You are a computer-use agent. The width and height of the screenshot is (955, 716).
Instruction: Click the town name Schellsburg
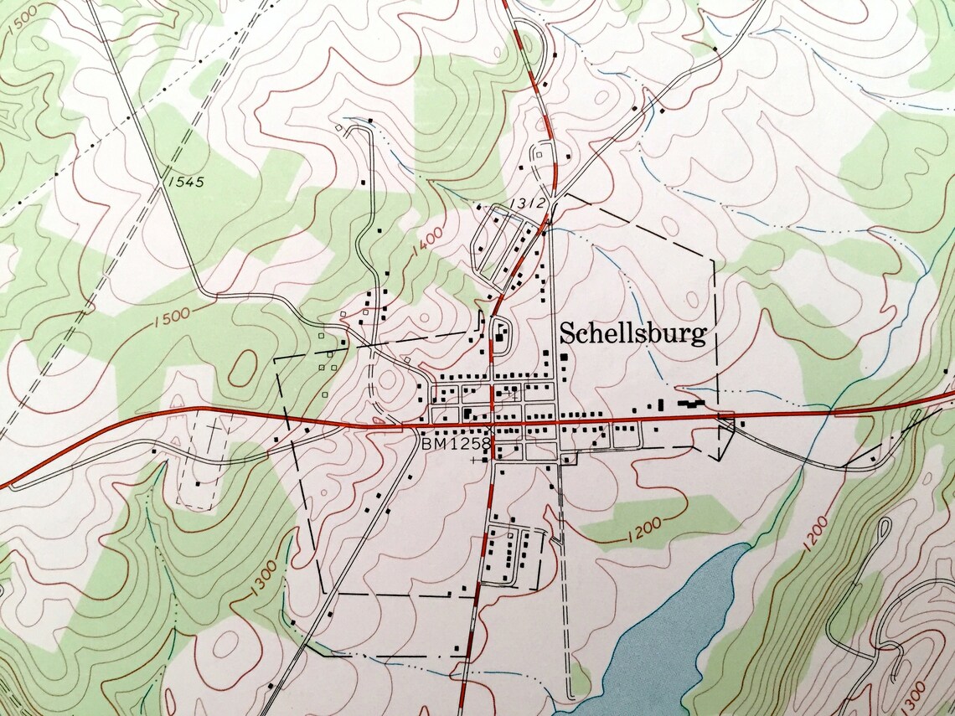click(x=632, y=334)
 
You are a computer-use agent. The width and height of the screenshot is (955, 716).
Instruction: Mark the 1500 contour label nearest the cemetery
click(x=173, y=317)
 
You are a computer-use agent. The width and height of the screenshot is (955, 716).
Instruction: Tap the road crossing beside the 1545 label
click(x=162, y=178)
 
